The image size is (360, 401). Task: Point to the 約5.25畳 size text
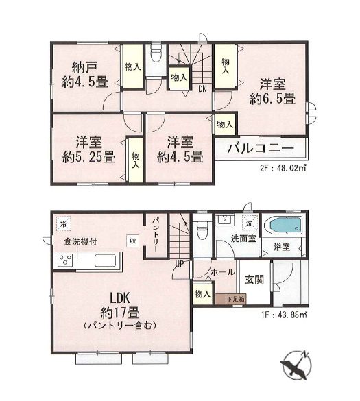click(89, 156)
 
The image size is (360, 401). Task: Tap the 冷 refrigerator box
click(64, 224)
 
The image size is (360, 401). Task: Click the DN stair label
click(203, 88)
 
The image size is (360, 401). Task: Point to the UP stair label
click(179, 263)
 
